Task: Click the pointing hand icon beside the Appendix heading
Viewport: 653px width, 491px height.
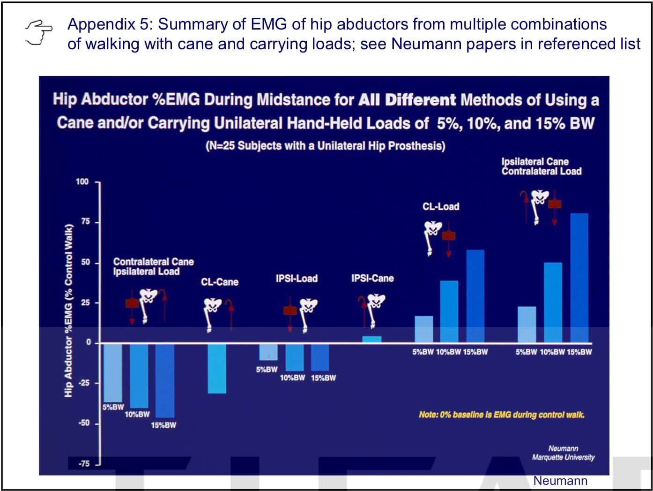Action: click(39, 32)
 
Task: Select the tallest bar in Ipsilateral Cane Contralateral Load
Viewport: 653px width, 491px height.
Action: click(579, 278)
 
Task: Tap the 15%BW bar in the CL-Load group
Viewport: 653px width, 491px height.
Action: click(475, 296)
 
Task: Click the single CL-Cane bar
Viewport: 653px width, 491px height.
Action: click(217, 369)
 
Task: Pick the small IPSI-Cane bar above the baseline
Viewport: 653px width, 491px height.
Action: click(371, 339)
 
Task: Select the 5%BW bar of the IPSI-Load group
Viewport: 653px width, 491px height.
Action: click(268, 352)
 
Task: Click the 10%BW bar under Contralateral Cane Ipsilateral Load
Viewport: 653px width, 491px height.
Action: click(139, 376)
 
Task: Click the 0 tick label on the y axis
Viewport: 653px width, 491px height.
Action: click(89, 342)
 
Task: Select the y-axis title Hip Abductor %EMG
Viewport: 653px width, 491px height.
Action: click(68, 310)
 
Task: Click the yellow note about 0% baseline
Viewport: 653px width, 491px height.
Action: click(502, 415)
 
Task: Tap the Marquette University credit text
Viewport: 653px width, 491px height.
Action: click(563, 457)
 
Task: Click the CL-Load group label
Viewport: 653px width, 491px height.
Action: click(441, 206)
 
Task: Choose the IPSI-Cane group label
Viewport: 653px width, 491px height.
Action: click(372, 278)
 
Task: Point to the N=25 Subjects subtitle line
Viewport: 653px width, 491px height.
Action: click(326, 146)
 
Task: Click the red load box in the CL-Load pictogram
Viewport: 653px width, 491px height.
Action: click(449, 236)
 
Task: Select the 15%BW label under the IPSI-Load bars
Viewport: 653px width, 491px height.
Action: click(323, 378)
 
